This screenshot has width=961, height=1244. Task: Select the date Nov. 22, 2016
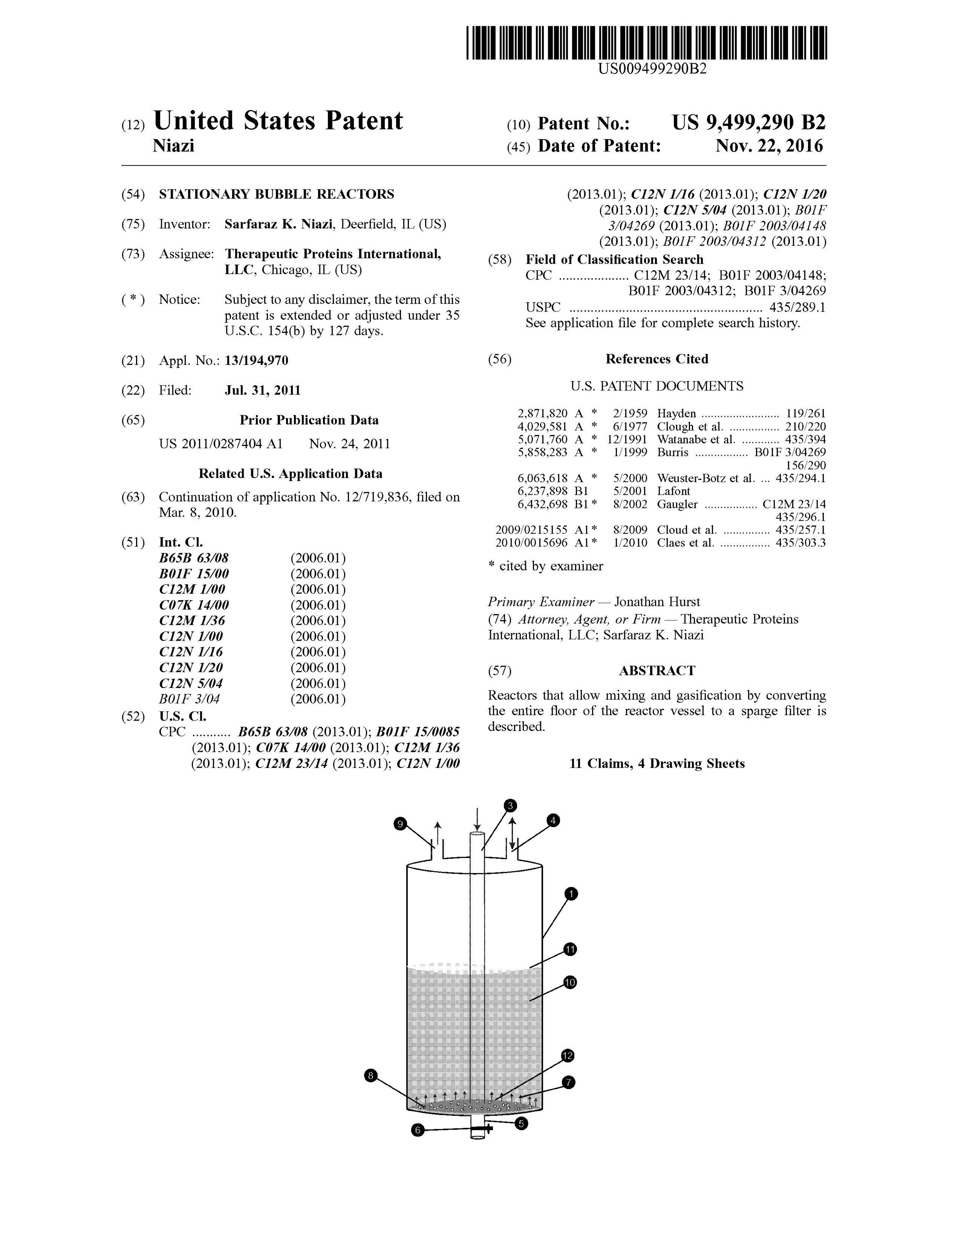768,147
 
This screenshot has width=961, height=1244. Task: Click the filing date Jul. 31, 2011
263,390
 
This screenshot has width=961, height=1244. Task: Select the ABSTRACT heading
657,670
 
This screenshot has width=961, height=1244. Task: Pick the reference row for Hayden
671,413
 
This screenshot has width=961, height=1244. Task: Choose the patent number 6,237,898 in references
542,491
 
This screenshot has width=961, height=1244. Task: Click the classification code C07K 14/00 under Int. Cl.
194,605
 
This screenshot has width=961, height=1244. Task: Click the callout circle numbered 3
510,805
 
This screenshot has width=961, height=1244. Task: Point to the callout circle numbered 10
570,982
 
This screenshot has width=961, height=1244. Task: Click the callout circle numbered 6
418,1130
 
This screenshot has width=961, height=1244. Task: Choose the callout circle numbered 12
567,1056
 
